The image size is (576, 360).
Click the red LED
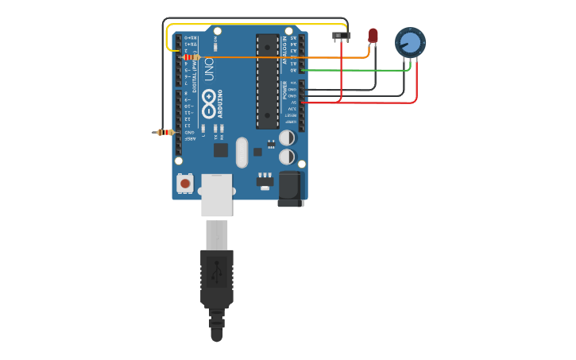coord(373,35)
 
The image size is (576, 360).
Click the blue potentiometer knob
coord(410,42)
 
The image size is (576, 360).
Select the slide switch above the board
coord(341,36)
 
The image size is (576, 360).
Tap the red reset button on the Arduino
coord(185,184)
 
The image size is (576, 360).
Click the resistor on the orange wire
coord(191,57)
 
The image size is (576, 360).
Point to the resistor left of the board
coord(165,132)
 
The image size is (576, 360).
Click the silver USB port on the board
coord(216,195)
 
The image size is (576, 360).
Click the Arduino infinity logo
coord(208,101)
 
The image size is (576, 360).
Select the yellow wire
coord(254,25)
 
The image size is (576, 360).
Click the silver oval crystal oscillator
coord(242,153)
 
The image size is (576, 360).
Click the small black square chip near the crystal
coord(221,149)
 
